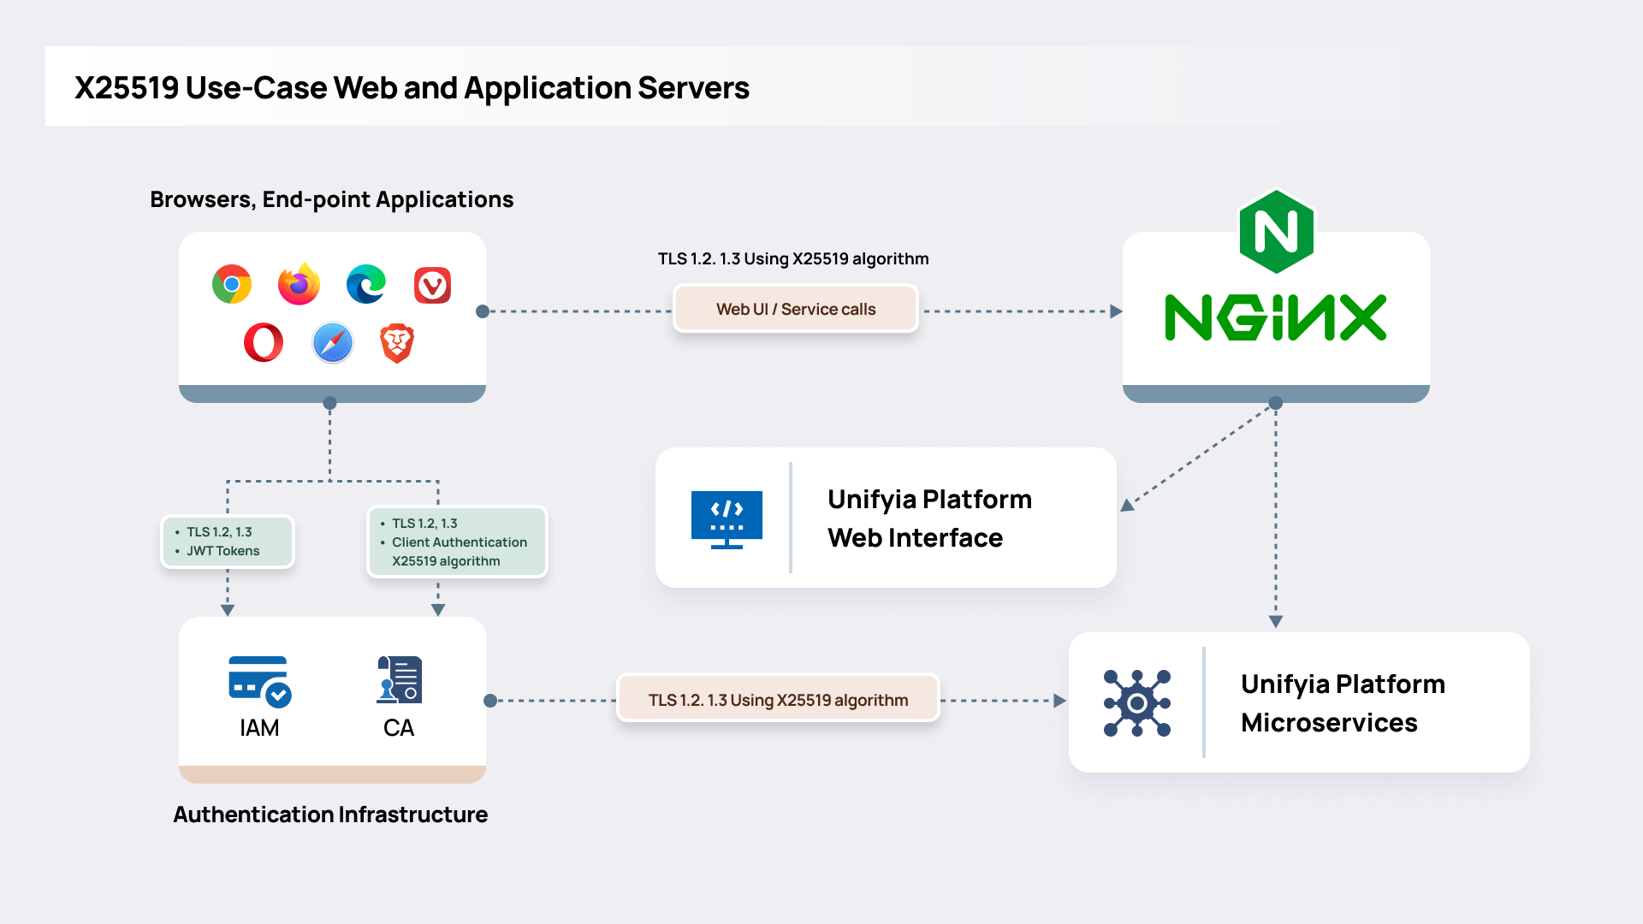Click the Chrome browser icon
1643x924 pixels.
[x=232, y=285]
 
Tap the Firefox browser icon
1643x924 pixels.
[x=299, y=285]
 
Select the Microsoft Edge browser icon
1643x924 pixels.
[x=366, y=285]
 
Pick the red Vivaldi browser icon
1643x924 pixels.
[x=432, y=286]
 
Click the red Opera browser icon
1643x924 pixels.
[x=264, y=343]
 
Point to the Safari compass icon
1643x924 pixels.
[x=332, y=343]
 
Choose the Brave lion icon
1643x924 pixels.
[x=397, y=343]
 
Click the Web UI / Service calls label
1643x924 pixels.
[x=795, y=309]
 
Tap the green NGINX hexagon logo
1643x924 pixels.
[x=1276, y=232]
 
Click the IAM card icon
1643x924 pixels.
[x=259, y=681]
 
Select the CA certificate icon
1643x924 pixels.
[x=399, y=680]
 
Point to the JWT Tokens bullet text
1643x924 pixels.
[x=222, y=551]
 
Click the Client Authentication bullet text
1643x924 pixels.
[x=459, y=542]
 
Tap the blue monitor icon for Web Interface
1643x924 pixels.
[x=727, y=518]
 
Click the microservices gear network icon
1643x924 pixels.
[x=1136, y=703]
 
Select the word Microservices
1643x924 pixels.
[x=1328, y=723]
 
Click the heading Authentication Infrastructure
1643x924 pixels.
[x=330, y=814]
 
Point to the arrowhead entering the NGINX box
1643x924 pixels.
[x=1115, y=311]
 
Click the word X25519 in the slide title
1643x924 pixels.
[x=127, y=88]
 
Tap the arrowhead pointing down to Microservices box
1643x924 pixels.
[x=1275, y=622]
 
